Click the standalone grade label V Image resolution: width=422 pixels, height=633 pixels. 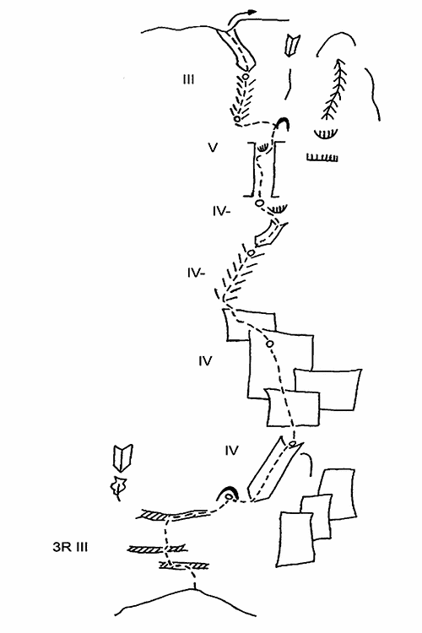pos(213,148)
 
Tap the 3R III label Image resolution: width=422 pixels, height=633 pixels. pos(70,548)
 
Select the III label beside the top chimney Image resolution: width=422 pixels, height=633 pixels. pos(188,79)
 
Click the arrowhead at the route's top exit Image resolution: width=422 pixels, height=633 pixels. pos(252,12)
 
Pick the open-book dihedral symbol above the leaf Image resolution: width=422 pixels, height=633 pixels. pos(123,458)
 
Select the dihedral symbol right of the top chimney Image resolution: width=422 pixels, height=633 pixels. pos(290,46)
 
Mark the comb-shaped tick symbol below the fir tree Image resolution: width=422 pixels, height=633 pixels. pos(322,158)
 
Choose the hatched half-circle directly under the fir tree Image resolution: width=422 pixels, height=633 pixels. pos(326,133)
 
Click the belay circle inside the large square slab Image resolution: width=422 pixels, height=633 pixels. pos(270,344)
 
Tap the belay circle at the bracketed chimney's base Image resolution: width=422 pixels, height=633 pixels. pos(259,203)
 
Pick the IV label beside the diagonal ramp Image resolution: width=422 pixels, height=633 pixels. pos(231,450)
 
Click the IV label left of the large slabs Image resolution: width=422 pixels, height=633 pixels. pos(205,360)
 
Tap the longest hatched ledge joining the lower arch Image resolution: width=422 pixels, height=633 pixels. pos(176,515)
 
